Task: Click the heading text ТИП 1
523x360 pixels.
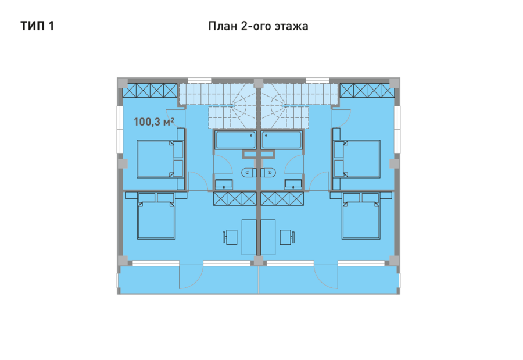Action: pyautogui.click(x=37, y=26)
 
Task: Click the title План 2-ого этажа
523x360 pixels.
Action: pyautogui.click(x=258, y=26)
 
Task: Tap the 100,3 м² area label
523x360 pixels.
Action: pyautogui.click(x=154, y=122)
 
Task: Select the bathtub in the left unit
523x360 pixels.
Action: pyautogui.click(x=235, y=140)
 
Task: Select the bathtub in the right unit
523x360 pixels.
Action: pyautogui.click(x=282, y=140)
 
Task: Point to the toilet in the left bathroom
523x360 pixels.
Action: pyautogui.click(x=249, y=172)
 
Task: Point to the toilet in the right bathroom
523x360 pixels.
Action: pyautogui.click(x=268, y=172)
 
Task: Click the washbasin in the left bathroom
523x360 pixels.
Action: pyautogui.click(x=224, y=184)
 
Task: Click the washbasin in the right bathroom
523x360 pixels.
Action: pyautogui.click(x=293, y=184)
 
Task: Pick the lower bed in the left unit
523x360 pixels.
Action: pyautogui.click(x=156, y=216)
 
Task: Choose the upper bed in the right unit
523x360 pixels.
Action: pyautogui.click(x=357, y=159)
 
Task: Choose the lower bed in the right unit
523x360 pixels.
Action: pyautogui.click(x=361, y=216)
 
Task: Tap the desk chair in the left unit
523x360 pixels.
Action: pyautogui.click(x=230, y=237)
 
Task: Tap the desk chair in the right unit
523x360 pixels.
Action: pyautogui.click(x=288, y=237)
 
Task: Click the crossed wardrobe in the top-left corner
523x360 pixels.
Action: pyautogui.click(x=150, y=91)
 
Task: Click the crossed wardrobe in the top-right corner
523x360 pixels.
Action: pyautogui.click(x=367, y=91)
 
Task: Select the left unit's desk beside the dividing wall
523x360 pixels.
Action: pyautogui.click(x=249, y=237)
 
